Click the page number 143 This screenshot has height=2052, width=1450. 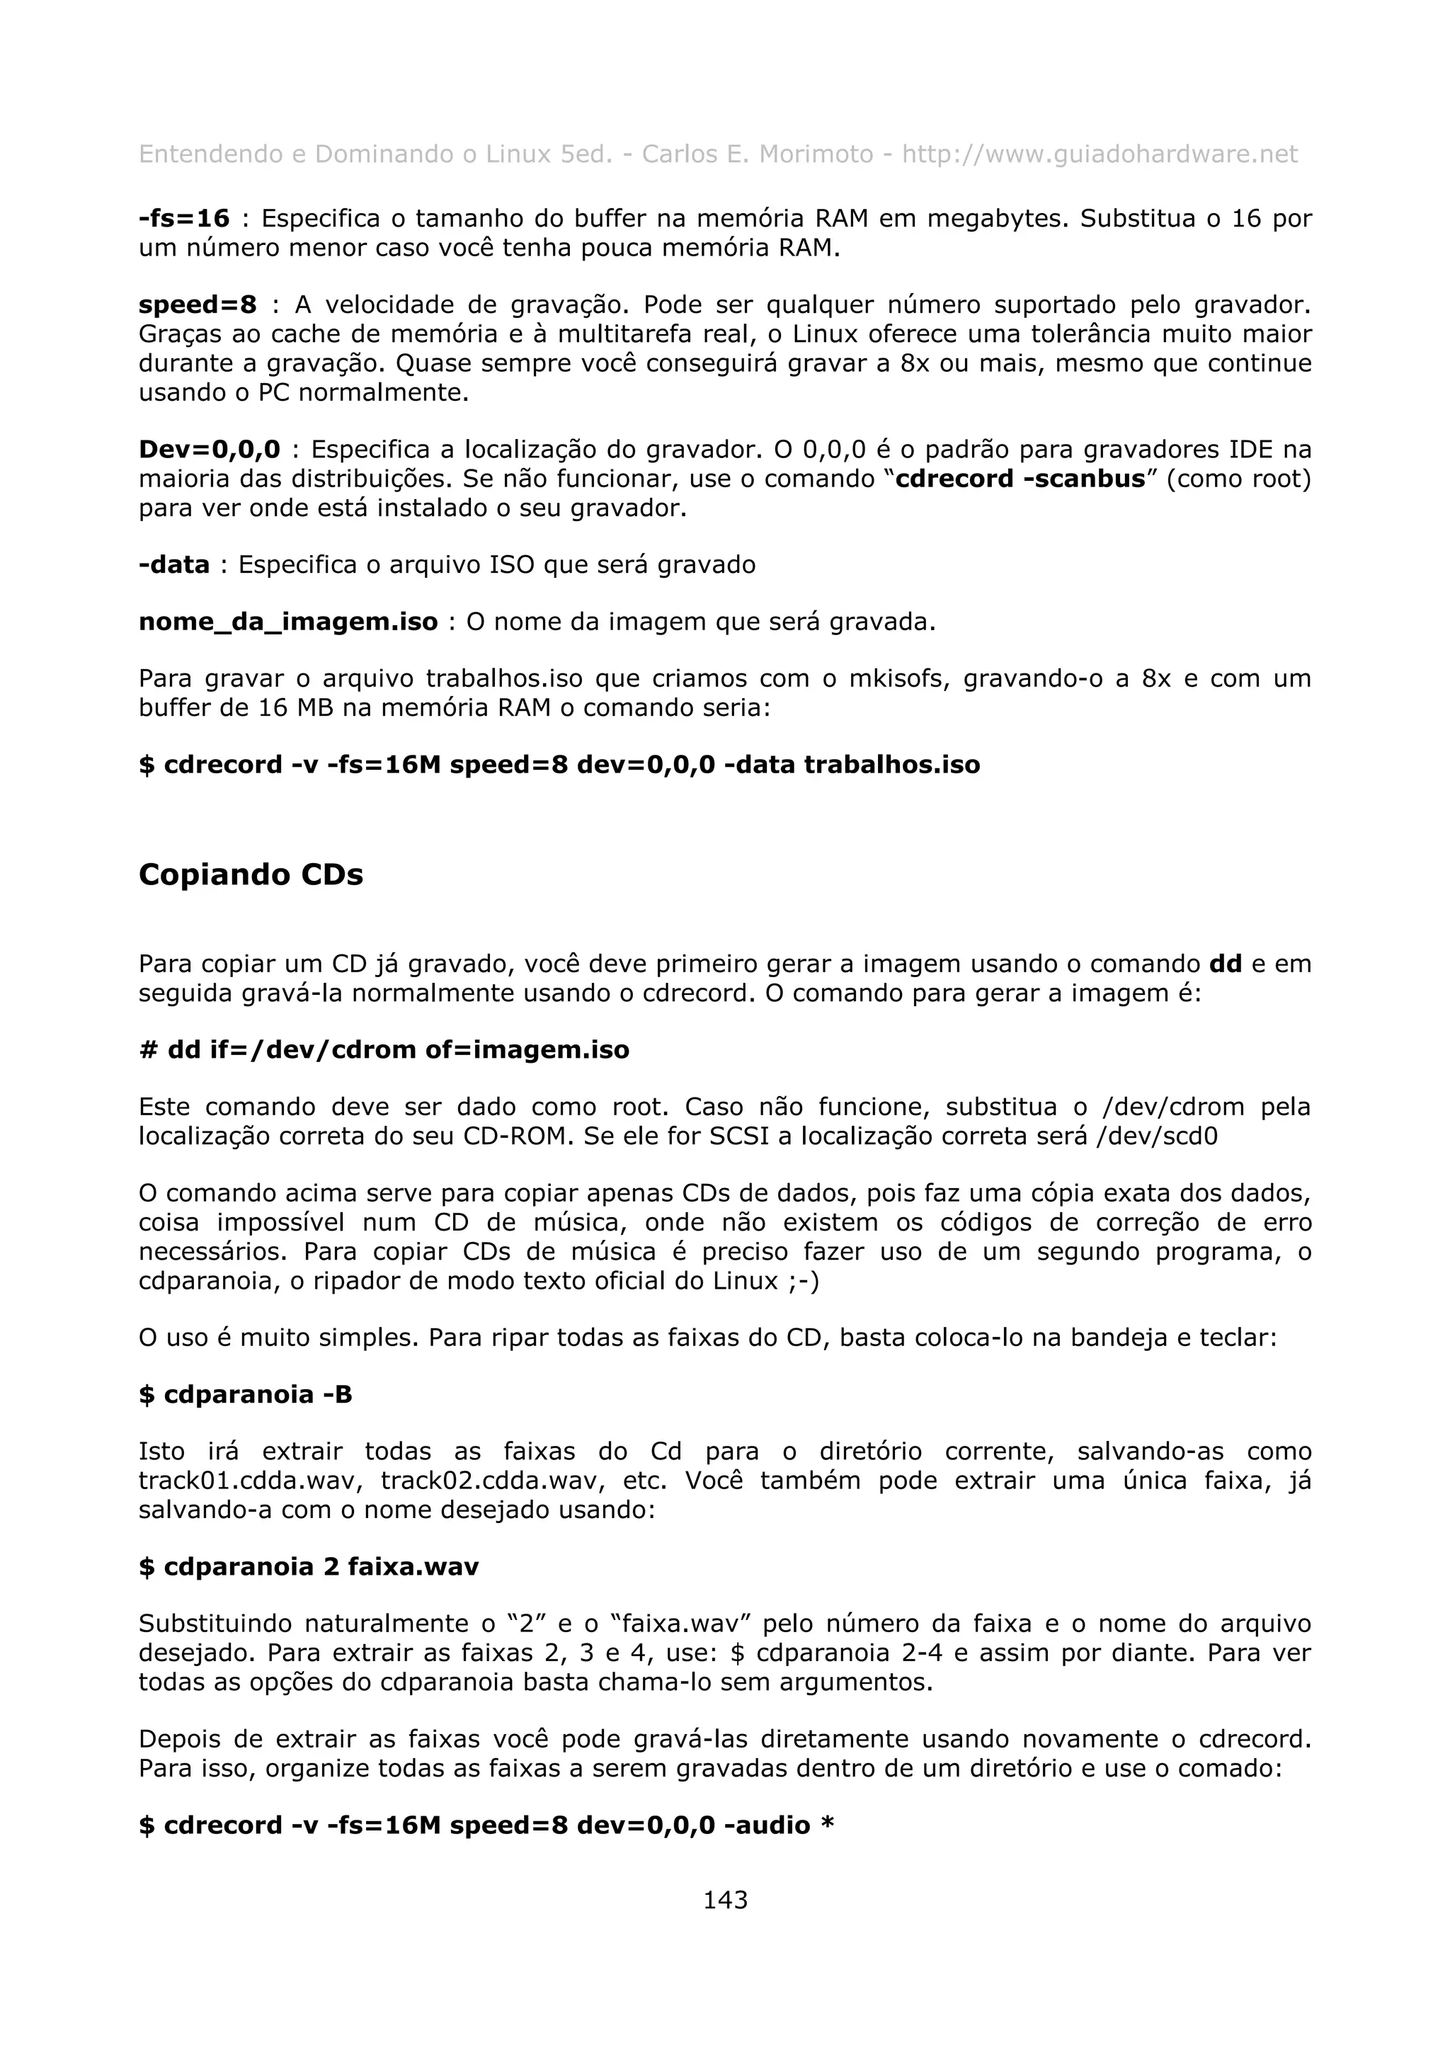pyautogui.click(x=724, y=1899)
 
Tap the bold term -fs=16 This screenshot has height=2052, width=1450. pyautogui.click(x=184, y=218)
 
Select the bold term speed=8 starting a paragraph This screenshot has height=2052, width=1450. pyautogui.click(x=198, y=304)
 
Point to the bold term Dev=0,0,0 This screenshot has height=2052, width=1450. pyautogui.click(x=209, y=449)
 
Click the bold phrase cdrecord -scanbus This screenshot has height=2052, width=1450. pyautogui.click(x=1020, y=479)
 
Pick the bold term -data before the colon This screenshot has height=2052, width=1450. pyautogui.click(x=174, y=565)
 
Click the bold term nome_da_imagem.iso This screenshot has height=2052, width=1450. pyautogui.click(x=287, y=621)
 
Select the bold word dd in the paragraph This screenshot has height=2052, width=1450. pyautogui.click(x=1225, y=964)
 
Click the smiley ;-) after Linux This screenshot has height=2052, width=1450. pyautogui.click(x=803, y=1281)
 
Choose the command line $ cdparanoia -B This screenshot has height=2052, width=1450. pyautogui.click(x=246, y=1394)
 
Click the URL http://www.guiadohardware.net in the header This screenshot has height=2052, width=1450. pyautogui.click(x=1099, y=154)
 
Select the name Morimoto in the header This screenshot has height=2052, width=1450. pyautogui.click(x=816, y=154)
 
